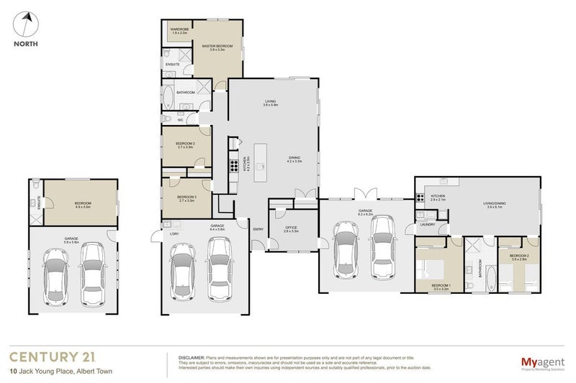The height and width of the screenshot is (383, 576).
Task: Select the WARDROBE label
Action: (178, 29)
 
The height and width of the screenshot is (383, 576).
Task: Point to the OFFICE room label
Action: (290, 228)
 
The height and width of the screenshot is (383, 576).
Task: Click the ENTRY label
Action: (258, 229)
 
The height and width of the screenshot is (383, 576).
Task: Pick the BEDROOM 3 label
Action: (186, 197)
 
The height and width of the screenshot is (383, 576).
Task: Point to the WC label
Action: (171, 120)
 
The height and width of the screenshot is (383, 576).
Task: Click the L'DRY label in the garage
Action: (174, 234)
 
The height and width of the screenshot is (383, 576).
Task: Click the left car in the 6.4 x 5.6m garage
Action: (182, 269)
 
